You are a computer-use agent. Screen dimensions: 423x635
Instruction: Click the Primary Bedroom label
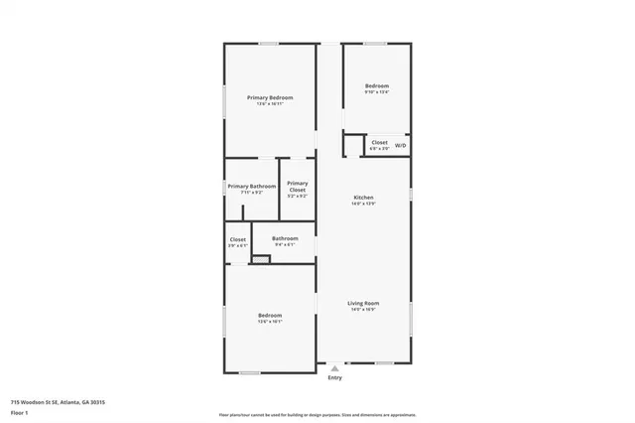coord(270,96)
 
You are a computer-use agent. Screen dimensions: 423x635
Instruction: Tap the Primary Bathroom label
coord(251,187)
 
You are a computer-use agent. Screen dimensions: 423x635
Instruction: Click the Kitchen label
coord(363,198)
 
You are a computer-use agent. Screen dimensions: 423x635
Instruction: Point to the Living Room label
coord(363,303)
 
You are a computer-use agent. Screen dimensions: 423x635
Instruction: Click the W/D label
coord(401,146)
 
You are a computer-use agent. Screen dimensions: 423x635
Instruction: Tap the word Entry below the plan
coord(334,377)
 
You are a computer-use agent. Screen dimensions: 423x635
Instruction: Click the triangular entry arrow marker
coord(334,367)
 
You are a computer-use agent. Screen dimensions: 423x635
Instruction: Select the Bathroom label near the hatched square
coord(286,237)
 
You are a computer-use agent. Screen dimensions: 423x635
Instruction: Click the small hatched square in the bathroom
coord(261,259)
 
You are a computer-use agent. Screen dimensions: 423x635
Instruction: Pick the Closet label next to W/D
coord(380,142)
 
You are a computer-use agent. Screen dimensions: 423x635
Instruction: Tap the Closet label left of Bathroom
coord(238,239)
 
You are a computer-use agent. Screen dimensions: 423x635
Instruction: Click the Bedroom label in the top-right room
coord(377,86)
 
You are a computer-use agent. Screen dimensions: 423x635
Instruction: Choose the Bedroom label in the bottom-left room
coord(270,315)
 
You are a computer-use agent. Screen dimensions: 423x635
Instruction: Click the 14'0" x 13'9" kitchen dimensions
coord(363,205)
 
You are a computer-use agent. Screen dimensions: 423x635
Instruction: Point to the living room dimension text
coord(363,310)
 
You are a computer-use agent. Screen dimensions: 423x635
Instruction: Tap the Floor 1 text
coord(19,412)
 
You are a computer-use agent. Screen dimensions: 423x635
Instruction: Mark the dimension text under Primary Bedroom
coord(270,103)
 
